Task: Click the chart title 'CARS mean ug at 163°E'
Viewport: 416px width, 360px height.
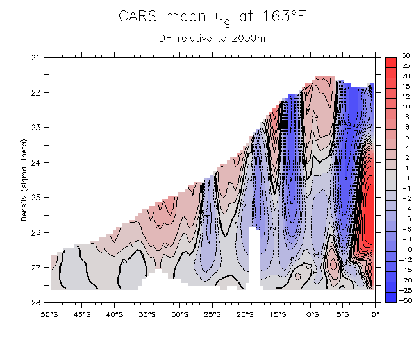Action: (212, 17)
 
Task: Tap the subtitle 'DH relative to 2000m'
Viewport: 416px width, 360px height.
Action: (212, 38)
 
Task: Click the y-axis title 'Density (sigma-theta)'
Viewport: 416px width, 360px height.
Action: (24, 180)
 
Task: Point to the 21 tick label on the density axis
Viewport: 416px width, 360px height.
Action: (36, 58)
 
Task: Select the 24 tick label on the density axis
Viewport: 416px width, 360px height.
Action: (36, 162)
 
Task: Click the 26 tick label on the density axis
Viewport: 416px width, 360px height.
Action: (36, 232)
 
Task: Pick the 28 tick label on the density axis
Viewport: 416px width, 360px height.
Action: (36, 302)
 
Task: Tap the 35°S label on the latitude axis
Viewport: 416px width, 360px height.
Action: (147, 314)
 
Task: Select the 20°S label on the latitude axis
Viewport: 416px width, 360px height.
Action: (245, 314)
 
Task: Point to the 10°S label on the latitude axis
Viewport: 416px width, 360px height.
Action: (310, 314)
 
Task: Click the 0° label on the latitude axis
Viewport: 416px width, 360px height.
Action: (376, 314)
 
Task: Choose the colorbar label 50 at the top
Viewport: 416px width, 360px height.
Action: (406, 56)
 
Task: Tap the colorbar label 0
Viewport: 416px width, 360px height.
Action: (405, 178)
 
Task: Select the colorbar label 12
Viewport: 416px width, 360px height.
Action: (406, 96)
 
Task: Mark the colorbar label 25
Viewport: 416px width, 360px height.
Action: (406, 66)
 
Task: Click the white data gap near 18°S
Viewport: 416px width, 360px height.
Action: (254, 257)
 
